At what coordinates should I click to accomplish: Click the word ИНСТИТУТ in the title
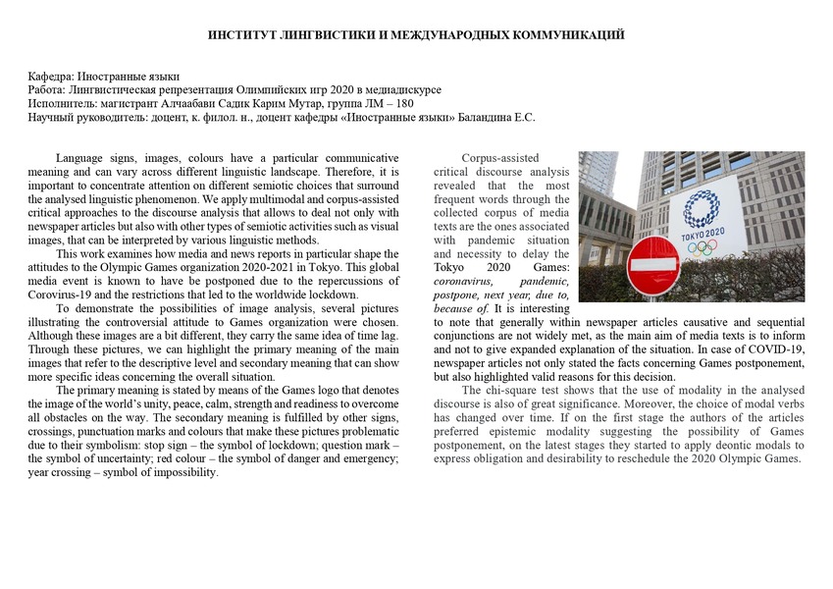pos(238,35)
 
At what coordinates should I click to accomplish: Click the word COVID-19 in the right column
pos(778,348)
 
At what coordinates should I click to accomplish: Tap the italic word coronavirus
pos(468,281)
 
